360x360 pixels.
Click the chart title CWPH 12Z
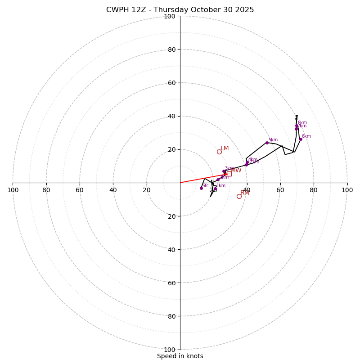click(180, 10)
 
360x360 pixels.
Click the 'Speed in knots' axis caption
click(180, 356)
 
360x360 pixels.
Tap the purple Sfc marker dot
click(201, 188)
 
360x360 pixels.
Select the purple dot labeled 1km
click(215, 189)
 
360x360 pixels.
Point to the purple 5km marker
click(267, 143)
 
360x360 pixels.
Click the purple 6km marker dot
click(301, 139)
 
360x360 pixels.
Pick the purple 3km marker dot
click(224, 171)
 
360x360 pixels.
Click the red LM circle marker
click(219, 152)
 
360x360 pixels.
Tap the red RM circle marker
click(239, 196)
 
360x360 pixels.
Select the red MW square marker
click(229, 174)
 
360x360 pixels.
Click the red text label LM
click(225, 148)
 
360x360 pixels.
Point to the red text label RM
click(245, 193)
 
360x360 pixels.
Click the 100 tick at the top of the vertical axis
click(170, 17)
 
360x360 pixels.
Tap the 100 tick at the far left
click(13, 190)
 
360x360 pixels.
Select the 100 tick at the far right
click(347, 190)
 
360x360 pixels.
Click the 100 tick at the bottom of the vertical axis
click(170, 350)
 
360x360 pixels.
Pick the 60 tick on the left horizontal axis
click(80, 190)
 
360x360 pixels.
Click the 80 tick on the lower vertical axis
click(171, 316)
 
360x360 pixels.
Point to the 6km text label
click(306, 136)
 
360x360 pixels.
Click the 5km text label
click(273, 139)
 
